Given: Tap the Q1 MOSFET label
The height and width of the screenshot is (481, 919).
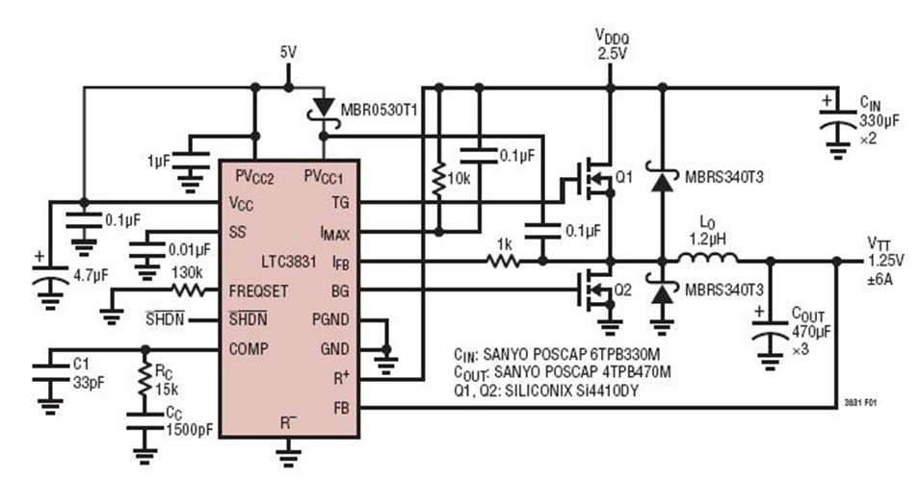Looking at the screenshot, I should pyautogui.click(x=624, y=177).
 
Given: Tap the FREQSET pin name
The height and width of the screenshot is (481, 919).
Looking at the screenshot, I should pyautogui.click(x=259, y=291).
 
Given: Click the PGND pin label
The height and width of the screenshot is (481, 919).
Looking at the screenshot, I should pyautogui.click(x=331, y=319).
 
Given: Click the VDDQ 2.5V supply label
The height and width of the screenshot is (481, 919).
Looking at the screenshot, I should pyautogui.click(x=610, y=45).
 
